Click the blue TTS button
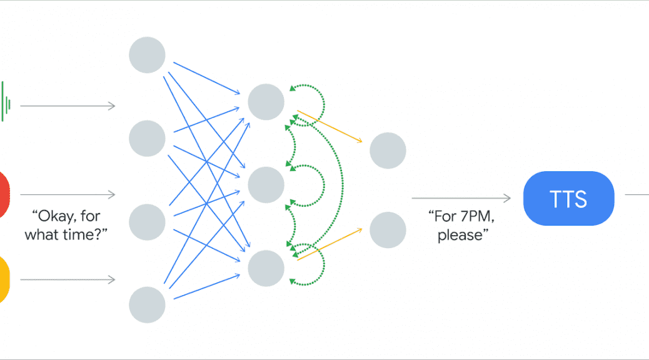click(569, 198)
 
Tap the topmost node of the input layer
click(147, 55)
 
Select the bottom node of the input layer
click(147, 304)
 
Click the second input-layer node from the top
click(147, 138)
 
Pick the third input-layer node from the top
click(147, 222)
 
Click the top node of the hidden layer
click(266, 102)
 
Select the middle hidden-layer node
click(266, 185)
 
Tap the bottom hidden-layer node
click(266, 268)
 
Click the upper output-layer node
click(388, 150)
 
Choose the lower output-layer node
click(388, 229)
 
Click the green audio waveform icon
click(6, 102)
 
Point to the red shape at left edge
click(4, 194)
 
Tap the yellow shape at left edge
click(4, 280)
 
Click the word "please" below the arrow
click(460, 236)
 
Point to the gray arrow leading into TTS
click(461, 198)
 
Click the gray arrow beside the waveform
click(68, 106)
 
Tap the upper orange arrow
click(330, 126)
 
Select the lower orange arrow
click(330, 244)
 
